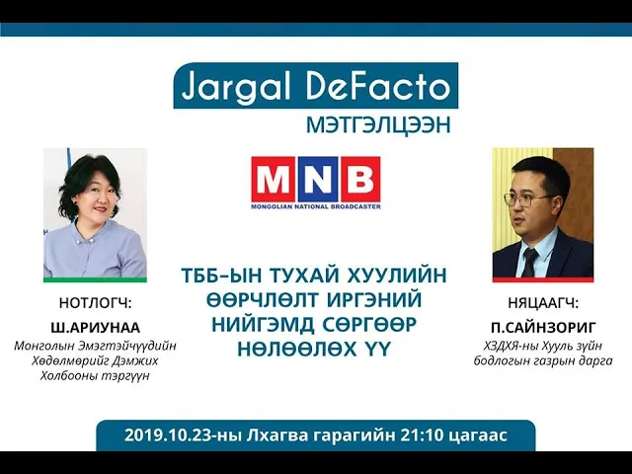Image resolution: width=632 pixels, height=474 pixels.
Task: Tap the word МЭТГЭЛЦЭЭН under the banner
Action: [378, 125]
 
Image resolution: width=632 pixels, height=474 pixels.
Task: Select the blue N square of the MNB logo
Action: [316, 179]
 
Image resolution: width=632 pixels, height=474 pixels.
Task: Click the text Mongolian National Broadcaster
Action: [316, 206]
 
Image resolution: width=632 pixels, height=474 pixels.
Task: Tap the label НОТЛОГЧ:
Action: [96, 303]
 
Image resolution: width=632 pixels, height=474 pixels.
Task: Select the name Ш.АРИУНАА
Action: [96, 328]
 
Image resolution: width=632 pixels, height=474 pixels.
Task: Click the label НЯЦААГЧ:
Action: [543, 303]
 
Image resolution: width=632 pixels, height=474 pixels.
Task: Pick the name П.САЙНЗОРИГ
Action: [543, 328]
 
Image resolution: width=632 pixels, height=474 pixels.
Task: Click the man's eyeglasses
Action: [525, 198]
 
